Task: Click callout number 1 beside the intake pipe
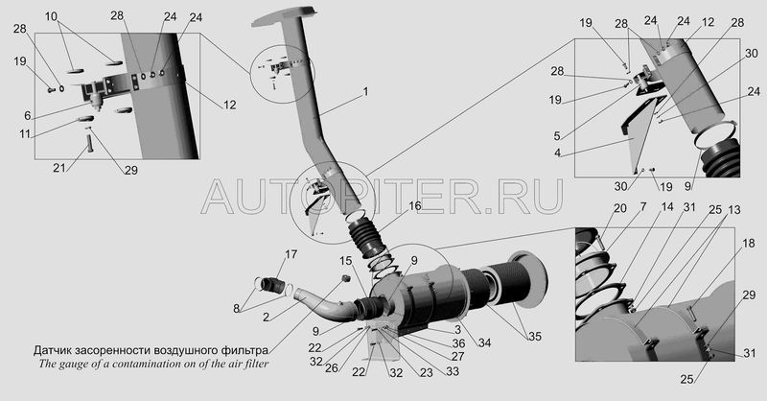(x=365, y=92)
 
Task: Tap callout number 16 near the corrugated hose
(x=415, y=206)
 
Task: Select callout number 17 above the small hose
(x=291, y=254)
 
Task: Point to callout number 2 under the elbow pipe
(x=266, y=318)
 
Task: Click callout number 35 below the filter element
(x=535, y=337)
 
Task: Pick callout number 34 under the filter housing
(x=484, y=343)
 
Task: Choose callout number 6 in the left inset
(x=28, y=115)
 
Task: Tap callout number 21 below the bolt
(x=59, y=168)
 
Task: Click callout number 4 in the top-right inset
(x=557, y=153)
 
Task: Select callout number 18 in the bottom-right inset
(x=749, y=244)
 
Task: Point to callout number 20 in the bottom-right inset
(x=619, y=208)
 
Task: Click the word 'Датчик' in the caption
(x=53, y=350)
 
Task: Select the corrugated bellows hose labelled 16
(x=368, y=239)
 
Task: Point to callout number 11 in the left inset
(x=25, y=133)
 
